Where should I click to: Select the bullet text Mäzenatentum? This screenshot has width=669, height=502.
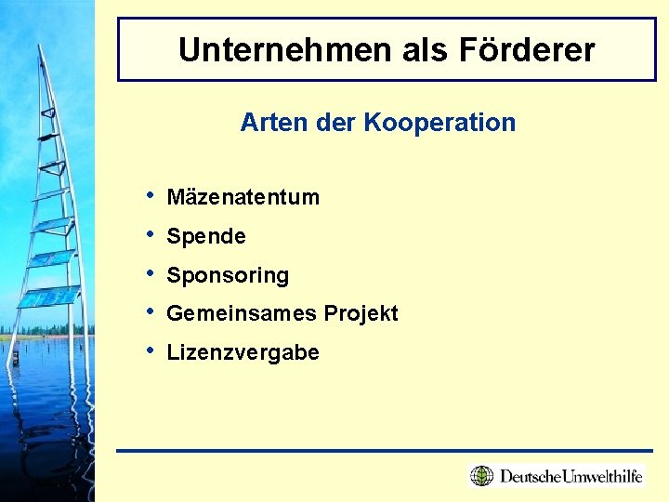(x=243, y=197)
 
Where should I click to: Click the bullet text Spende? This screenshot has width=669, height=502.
(x=206, y=237)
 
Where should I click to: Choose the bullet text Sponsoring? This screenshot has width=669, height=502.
(x=228, y=276)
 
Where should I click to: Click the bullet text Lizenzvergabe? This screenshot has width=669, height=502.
(x=243, y=353)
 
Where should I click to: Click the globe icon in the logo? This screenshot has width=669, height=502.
(x=481, y=476)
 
